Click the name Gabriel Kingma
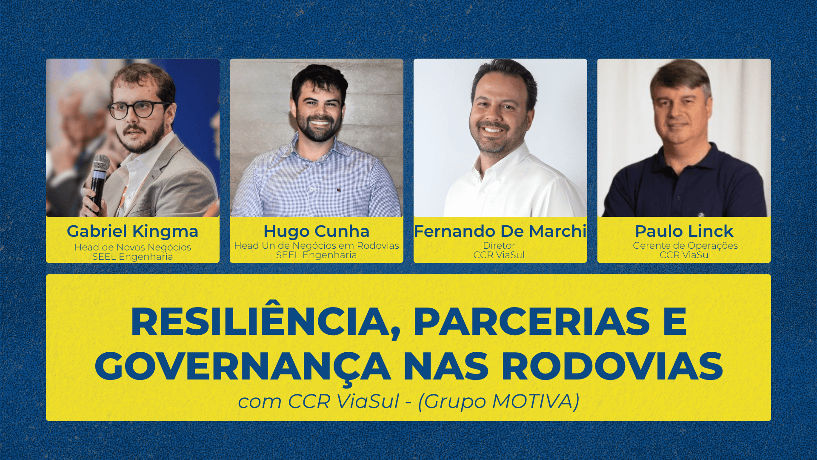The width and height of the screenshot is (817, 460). (x=132, y=231)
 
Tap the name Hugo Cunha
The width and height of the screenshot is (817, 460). (x=316, y=231)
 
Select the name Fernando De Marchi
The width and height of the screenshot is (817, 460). (x=500, y=231)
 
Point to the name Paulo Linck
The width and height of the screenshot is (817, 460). (x=684, y=231)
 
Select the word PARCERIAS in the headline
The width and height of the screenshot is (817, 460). (x=532, y=322)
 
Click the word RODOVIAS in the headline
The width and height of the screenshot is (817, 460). (x=612, y=366)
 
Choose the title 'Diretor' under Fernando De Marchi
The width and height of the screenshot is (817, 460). (x=499, y=246)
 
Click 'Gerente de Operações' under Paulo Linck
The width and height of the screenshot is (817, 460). (x=685, y=246)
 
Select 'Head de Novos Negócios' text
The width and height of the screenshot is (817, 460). (x=133, y=247)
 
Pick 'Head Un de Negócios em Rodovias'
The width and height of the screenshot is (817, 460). (x=317, y=246)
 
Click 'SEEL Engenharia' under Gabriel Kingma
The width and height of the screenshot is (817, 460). (x=132, y=257)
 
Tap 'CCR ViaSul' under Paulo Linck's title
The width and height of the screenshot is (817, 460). (x=685, y=255)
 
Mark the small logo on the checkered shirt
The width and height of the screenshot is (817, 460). (x=339, y=190)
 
